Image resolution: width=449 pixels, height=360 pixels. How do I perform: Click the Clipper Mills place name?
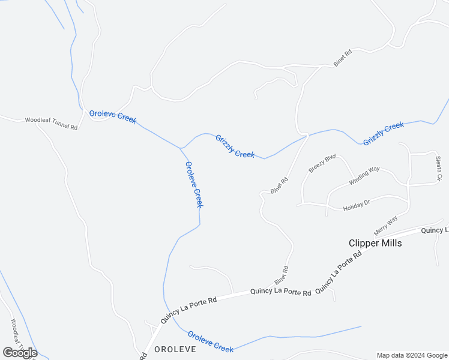[375, 244]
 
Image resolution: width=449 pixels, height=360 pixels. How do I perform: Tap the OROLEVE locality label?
[176, 349]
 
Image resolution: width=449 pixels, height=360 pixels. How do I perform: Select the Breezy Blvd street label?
[321, 164]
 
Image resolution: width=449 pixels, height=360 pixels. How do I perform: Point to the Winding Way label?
[365, 176]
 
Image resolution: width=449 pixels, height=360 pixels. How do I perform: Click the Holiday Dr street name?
[357, 206]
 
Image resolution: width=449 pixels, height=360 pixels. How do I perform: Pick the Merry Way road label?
[385, 225]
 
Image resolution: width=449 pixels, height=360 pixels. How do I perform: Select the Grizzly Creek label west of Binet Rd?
[235, 146]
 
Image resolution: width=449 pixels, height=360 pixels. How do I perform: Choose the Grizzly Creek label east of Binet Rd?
[384, 133]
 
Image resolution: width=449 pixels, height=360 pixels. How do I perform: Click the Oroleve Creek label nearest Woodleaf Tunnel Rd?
[113, 116]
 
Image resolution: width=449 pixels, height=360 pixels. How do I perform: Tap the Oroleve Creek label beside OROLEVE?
[210, 341]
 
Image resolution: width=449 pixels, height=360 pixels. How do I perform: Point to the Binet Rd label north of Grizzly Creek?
[343, 58]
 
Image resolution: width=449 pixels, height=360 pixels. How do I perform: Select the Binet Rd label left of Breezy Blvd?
[280, 185]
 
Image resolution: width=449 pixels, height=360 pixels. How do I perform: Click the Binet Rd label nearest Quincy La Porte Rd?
[282, 275]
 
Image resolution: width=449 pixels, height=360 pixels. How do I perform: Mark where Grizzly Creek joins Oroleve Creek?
[180, 148]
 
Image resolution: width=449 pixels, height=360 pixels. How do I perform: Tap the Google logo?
[20, 353]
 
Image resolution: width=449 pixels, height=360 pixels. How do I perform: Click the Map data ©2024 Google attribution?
[412, 355]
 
